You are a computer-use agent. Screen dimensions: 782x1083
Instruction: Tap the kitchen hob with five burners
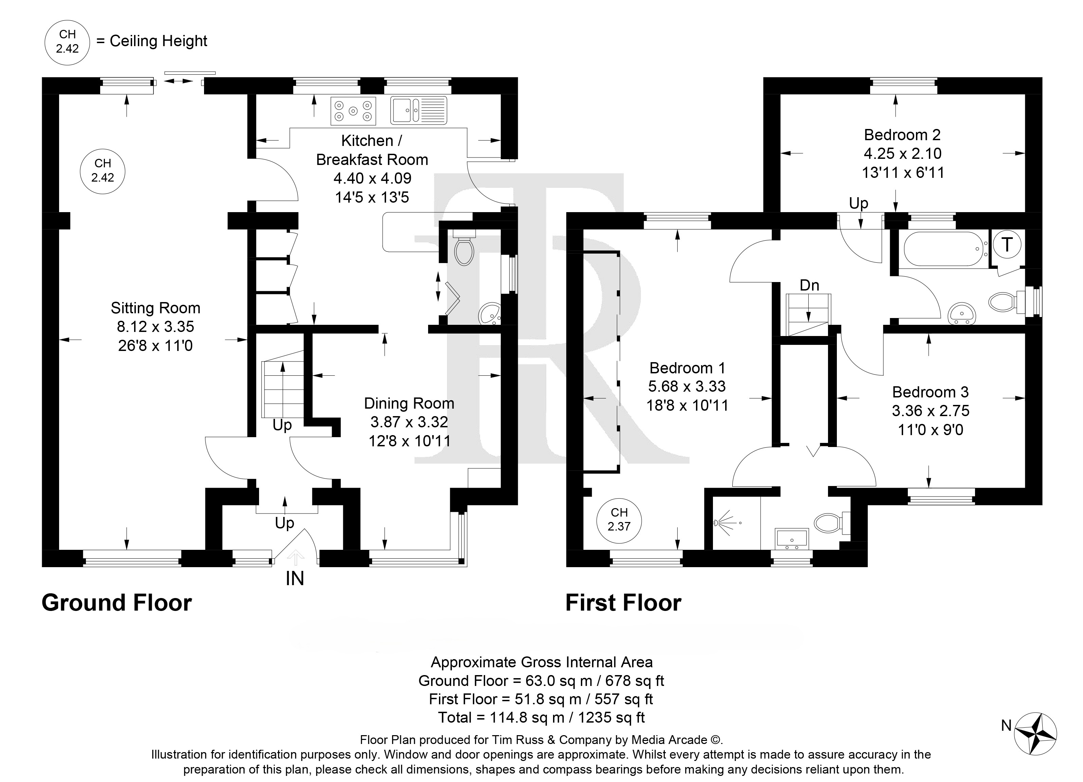pos(353,111)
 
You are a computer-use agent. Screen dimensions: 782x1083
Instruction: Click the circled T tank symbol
pos(1007,244)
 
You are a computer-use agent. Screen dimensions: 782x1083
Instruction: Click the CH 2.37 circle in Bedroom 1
pos(619,519)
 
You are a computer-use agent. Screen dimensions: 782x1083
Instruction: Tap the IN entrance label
pos(295,579)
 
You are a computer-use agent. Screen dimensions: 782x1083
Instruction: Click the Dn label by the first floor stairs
pos(809,285)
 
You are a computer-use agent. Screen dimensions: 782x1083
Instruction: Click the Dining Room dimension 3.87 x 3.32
pos(409,422)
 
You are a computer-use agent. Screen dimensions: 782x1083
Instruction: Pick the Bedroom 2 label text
pos(902,135)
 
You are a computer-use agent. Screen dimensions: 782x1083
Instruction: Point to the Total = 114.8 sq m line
pos(541,717)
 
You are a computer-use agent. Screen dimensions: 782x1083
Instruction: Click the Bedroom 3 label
pos(930,392)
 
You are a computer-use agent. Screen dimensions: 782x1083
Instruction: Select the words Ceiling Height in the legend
pos(158,41)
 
